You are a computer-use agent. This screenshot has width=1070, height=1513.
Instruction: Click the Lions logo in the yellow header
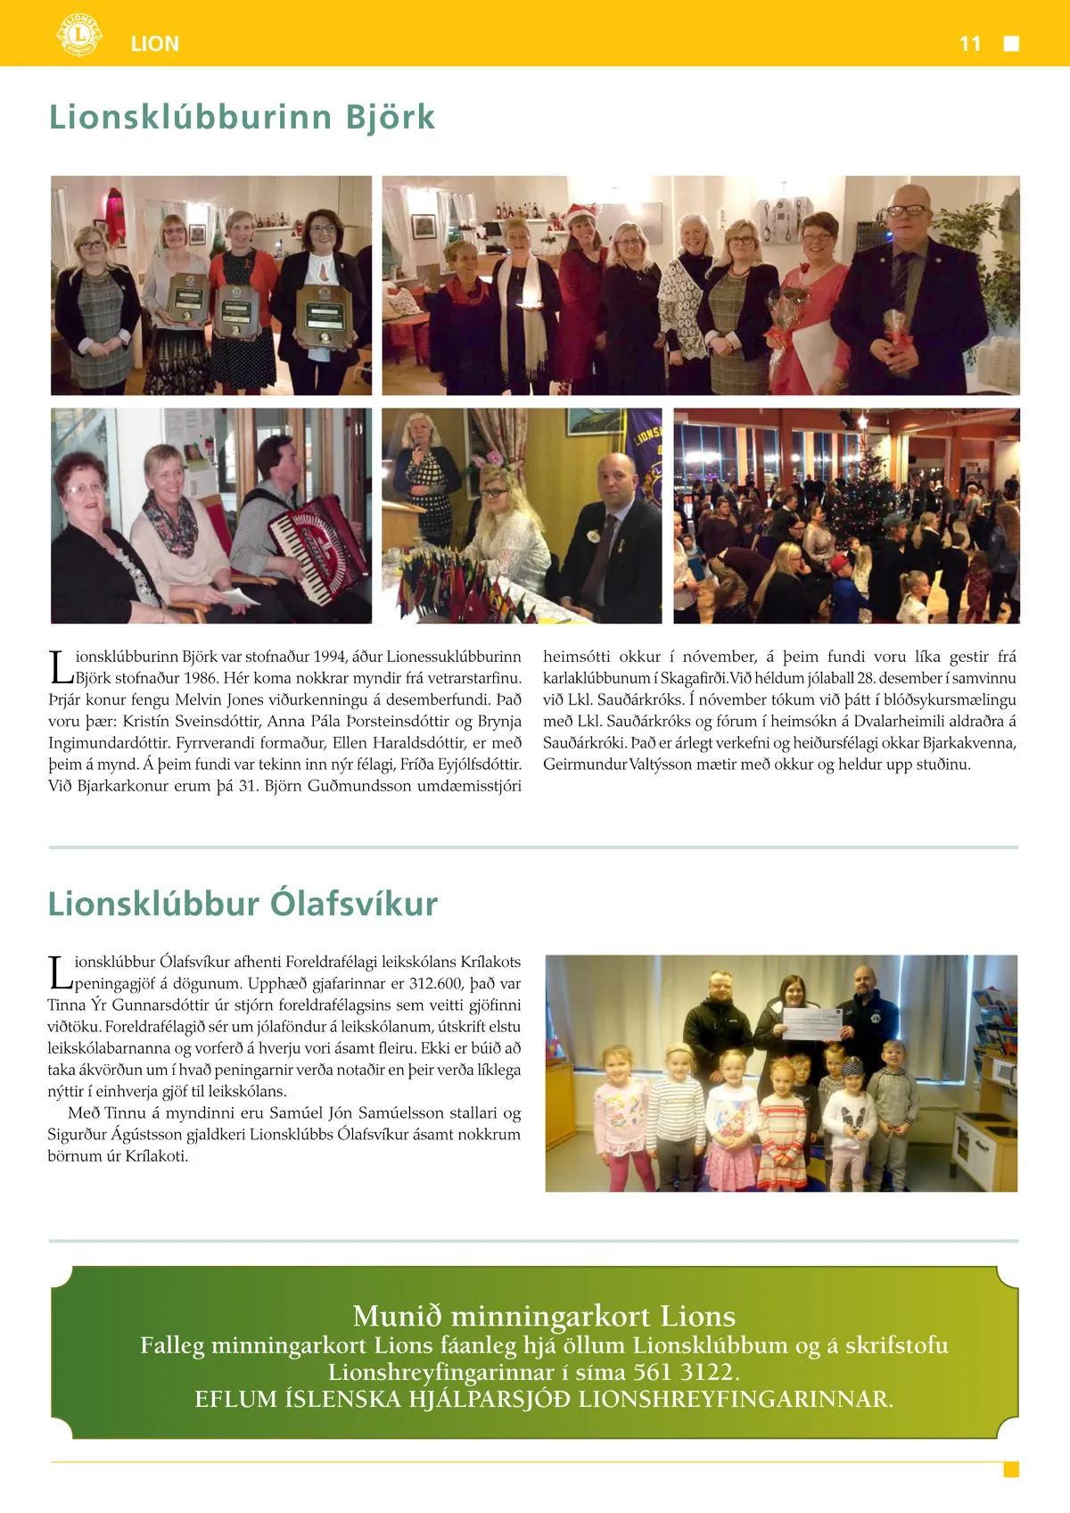(x=78, y=36)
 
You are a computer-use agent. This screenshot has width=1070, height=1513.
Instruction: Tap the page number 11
(x=970, y=44)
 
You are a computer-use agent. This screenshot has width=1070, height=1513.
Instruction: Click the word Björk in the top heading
(x=391, y=117)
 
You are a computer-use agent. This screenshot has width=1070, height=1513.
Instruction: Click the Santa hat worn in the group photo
(x=581, y=213)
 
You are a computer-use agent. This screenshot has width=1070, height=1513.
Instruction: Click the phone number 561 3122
(x=684, y=1371)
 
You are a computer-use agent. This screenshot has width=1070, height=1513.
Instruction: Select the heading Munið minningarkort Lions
(x=544, y=1316)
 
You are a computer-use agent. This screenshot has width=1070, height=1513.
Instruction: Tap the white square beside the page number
(x=1011, y=44)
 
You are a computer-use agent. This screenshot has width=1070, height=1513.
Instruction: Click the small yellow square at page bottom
(x=1011, y=1469)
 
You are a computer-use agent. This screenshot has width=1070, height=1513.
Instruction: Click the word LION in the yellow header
(x=155, y=44)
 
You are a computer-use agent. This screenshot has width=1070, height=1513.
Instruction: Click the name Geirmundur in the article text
(x=584, y=764)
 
